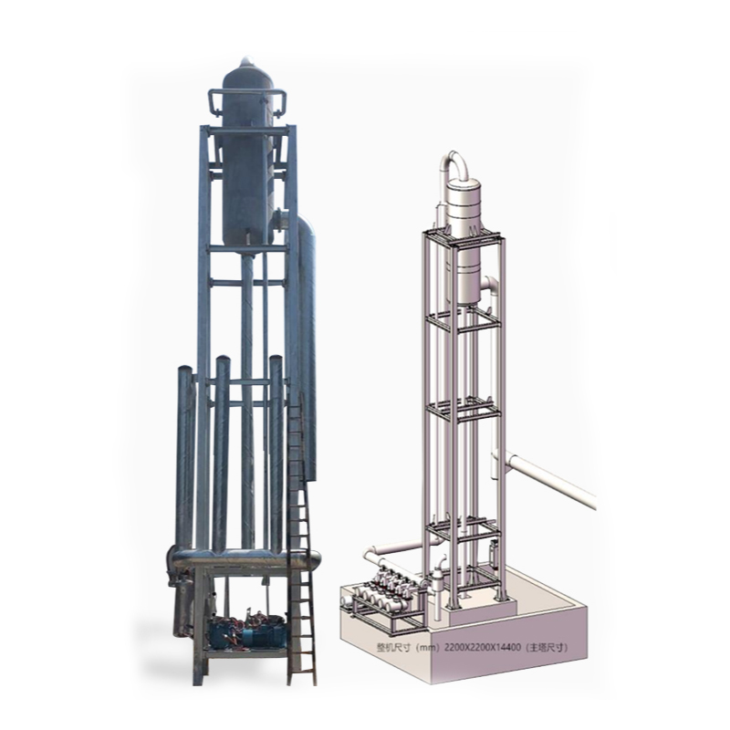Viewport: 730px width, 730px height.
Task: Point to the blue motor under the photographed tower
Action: [x=245, y=632]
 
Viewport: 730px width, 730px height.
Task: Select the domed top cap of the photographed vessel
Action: [x=246, y=72]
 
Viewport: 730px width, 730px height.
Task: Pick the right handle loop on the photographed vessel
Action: [x=277, y=103]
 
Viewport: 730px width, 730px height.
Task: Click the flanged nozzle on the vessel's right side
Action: [x=281, y=219]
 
